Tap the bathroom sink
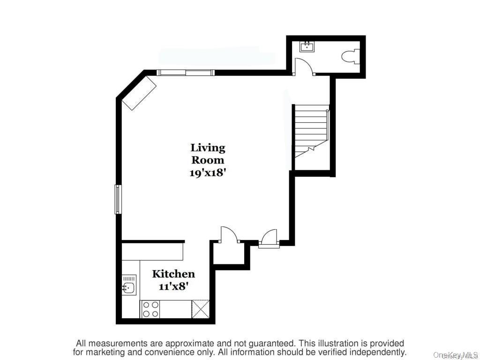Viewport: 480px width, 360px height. (x=307, y=46)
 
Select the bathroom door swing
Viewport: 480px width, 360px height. (x=303, y=67)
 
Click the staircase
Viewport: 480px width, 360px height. (x=310, y=132)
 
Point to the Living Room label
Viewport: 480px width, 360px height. (x=208, y=154)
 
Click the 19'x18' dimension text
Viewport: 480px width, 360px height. (x=208, y=172)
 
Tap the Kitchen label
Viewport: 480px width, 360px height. (x=173, y=274)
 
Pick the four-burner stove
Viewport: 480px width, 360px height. (x=150, y=309)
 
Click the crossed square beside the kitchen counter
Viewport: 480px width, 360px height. (x=200, y=309)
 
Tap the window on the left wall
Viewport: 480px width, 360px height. (x=118, y=199)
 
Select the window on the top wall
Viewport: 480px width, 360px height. (x=186, y=73)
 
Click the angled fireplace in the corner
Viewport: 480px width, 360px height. (x=139, y=94)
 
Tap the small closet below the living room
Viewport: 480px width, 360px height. (x=229, y=254)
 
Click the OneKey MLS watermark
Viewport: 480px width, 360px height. (x=455, y=355)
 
